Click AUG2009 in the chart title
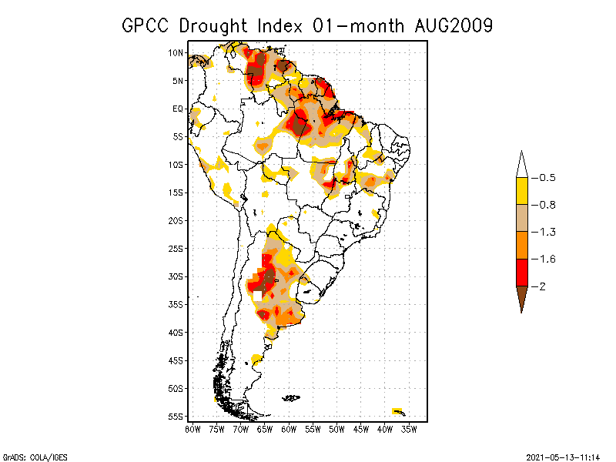click(449, 25)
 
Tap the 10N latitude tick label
click(176, 52)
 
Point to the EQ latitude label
click(178, 109)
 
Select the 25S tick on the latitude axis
click(176, 248)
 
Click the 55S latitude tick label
click(176, 417)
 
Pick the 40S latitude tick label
click(176, 333)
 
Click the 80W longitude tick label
click(192, 429)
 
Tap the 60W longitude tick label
click(289, 429)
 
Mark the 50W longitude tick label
click(336, 429)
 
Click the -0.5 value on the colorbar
click(547, 178)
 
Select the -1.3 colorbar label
click(547, 232)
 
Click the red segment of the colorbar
click(521, 272)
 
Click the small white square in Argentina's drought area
click(258, 295)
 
